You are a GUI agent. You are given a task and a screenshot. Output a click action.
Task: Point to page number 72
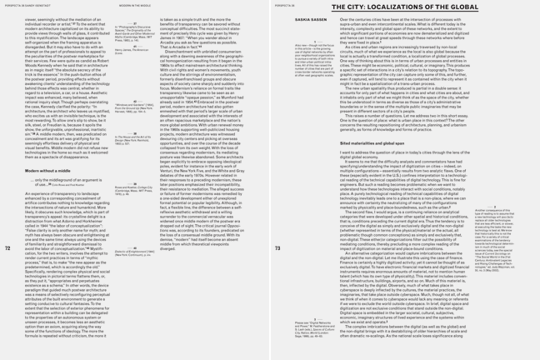[7, 247]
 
